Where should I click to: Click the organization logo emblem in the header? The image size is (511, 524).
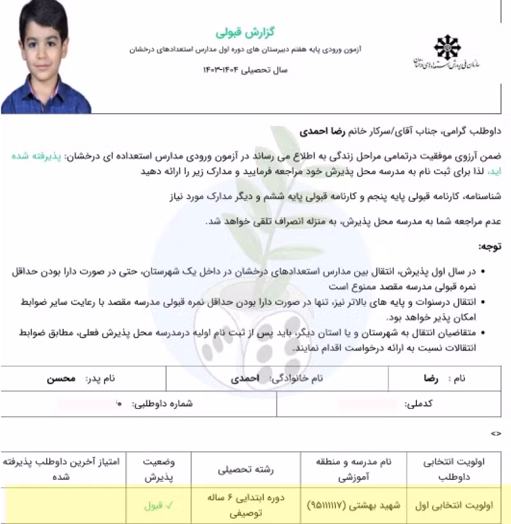tap(446, 49)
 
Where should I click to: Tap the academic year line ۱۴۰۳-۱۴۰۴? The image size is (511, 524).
tap(245, 69)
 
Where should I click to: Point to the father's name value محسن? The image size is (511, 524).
tap(61, 378)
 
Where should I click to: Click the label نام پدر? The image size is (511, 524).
tap(100, 378)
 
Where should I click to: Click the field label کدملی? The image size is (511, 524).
tap(420, 404)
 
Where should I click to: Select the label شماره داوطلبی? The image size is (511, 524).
tap(162, 404)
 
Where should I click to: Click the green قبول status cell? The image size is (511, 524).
tap(153, 505)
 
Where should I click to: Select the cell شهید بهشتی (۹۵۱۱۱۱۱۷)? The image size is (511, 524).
tap(354, 505)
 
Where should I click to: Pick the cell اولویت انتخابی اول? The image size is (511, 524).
tap(457, 505)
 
